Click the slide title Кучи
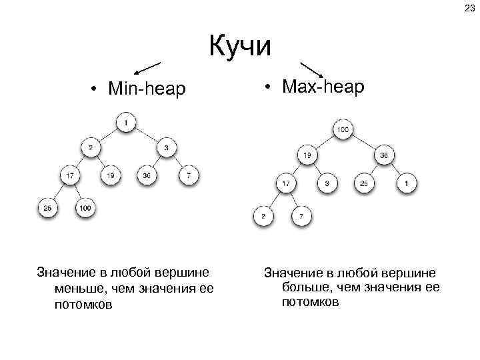[x=240, y=47]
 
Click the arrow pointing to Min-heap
[x=147, y=67]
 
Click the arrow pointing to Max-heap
[x=313, y=69]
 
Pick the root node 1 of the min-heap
[x=126, y=123]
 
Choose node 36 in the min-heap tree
[x=147, y=176]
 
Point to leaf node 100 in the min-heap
[x=85, y=209]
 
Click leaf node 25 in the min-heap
[x=48, y=209]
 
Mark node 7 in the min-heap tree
[x=189, y=176]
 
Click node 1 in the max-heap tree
[x=407, y=183]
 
